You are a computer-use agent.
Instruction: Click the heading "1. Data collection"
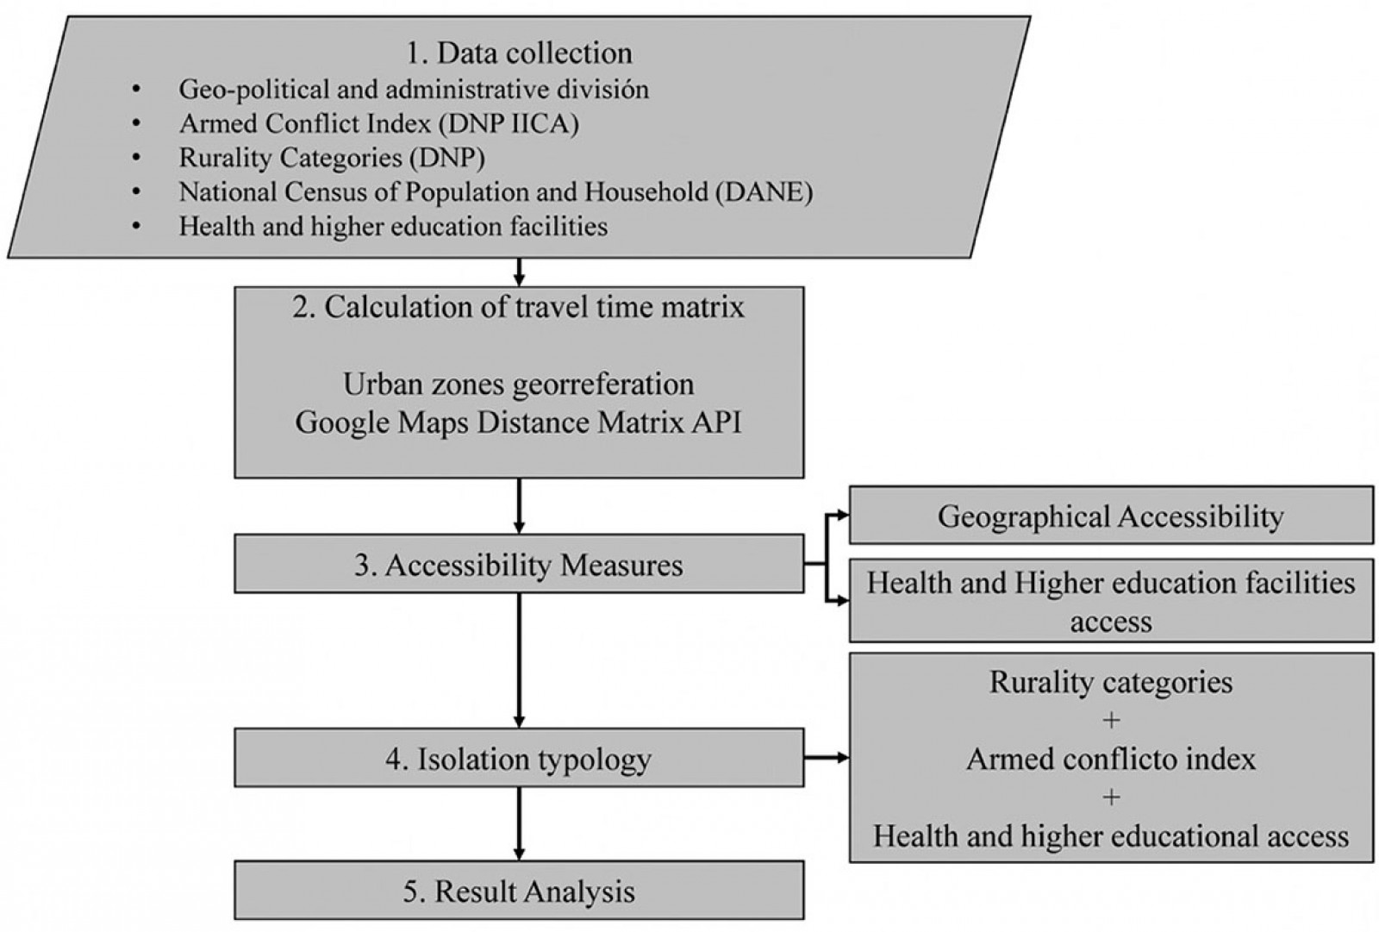[x=519, y=53]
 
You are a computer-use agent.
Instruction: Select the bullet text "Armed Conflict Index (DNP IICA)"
[x=378, y=123]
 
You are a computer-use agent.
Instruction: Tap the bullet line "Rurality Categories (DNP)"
[x=332, y=158]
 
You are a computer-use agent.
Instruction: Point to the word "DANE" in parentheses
[x=762, y=191]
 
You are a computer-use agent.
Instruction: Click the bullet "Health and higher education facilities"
[x=393, y=226]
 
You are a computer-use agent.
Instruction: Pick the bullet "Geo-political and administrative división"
[x=414, y=89]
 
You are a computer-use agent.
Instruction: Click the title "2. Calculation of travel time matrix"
[x=518, y=307]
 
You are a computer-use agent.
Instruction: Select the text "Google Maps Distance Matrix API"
[x=518, y=422]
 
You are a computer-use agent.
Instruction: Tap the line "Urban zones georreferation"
[x=518, y=384]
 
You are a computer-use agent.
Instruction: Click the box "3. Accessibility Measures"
[x=518, y=564]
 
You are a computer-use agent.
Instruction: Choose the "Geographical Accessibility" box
[x=1110, y=516]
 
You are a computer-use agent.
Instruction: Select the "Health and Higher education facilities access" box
[x=1110, y=602]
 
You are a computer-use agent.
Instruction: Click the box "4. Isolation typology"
[x=518, y=759]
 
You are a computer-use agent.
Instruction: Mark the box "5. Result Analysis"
[x=518, y=891]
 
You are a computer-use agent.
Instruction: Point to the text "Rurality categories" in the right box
[x=1110, y=682]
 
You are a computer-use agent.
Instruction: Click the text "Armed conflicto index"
[x=1110, y=759]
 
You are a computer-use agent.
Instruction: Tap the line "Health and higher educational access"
[x=1110, y=835]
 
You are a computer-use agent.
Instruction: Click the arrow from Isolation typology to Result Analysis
[x=519, y=823]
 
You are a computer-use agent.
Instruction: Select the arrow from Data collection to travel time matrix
[x=519, y=272]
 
